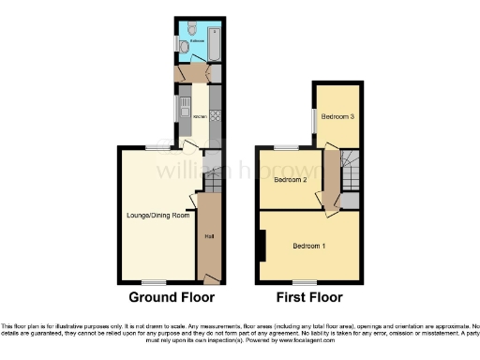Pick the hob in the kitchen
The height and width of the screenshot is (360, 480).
coord(215,116)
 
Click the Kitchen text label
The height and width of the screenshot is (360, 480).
coord(199,116)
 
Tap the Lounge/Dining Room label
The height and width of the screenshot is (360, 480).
coord(157,216)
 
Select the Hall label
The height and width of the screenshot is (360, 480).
coord(208,235)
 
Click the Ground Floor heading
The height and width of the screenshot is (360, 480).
coord(172,297)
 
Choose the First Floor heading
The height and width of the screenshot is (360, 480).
coord(308,297)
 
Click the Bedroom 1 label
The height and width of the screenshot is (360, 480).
coord(308,247)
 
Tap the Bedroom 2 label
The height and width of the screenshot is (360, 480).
coord(291,179)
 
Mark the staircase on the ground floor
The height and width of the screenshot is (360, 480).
coord(212,172)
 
